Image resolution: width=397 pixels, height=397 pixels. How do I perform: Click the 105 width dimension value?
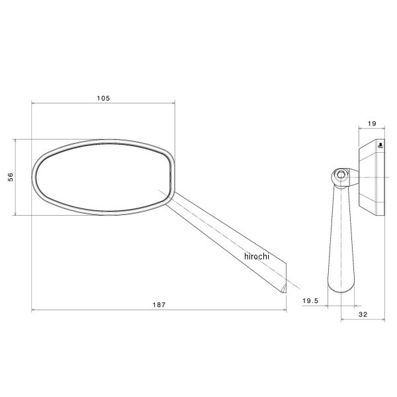(103, 97)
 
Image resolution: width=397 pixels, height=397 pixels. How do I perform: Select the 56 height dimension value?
(10, 177)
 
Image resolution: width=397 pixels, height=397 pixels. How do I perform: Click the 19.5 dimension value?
(312, 300)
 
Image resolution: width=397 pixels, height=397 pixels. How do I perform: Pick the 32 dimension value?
(363, 315)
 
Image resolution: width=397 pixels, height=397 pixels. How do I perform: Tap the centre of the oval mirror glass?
(103, 177)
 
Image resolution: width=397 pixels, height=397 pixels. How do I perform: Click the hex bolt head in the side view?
(341, 175)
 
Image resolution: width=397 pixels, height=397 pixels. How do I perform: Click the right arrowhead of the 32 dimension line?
(384, 320)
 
